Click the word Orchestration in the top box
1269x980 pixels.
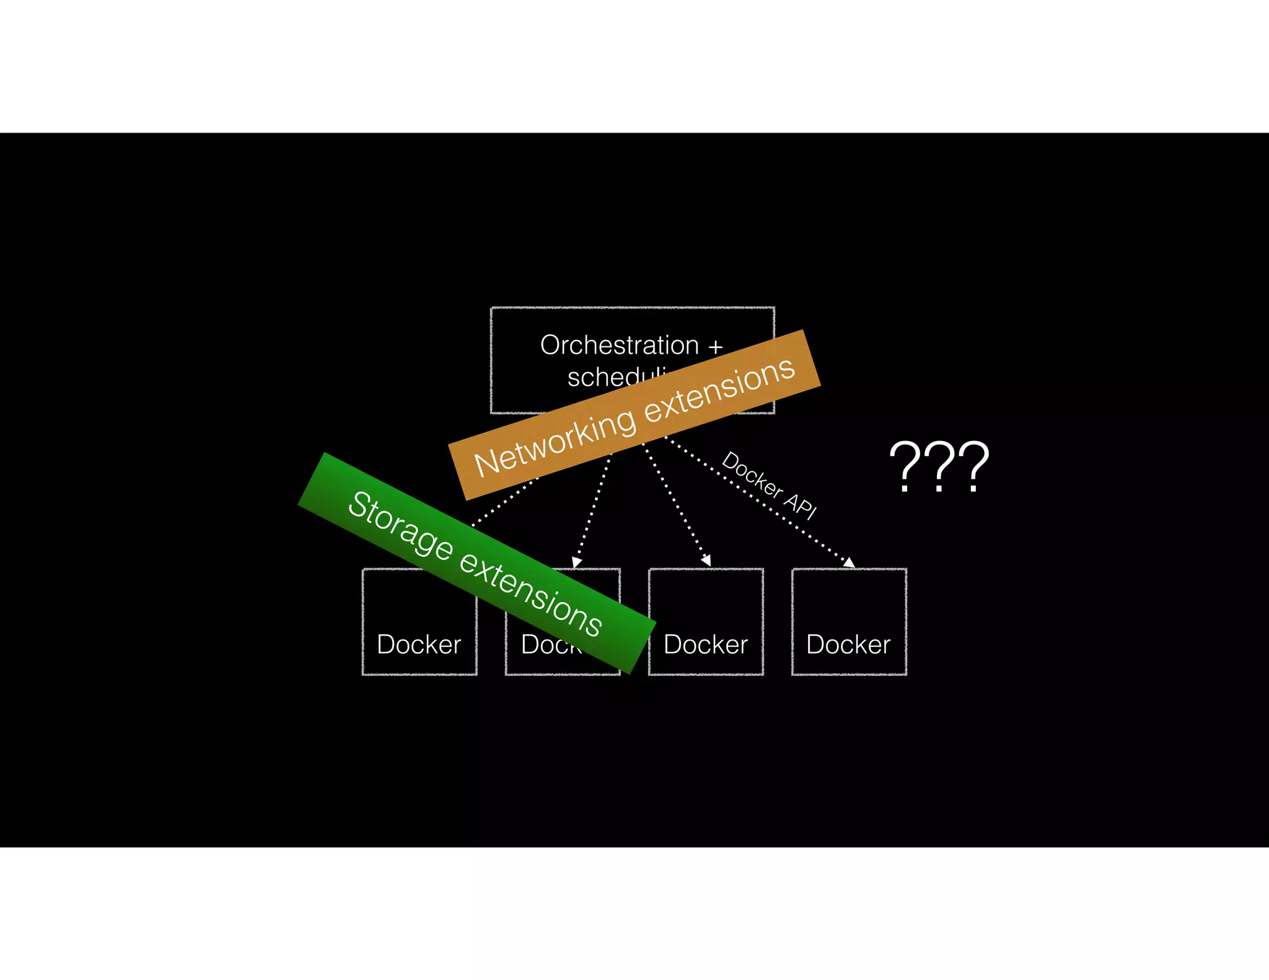pos(619,345)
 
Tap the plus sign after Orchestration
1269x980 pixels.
pos(716,347)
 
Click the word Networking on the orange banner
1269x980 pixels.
pos(555,444)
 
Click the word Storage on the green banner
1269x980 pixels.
pos(400,524)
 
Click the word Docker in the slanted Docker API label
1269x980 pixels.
pos(752,475)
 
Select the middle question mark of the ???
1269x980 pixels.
pos(939,466)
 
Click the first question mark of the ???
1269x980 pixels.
pos(905,466)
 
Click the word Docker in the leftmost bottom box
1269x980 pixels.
pos(419,645)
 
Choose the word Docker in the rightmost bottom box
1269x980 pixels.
pos(848,645)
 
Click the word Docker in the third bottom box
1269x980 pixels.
pos(706,645)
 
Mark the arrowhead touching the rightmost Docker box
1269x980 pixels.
pos(849,562)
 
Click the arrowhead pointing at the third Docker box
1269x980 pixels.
pos(706,561)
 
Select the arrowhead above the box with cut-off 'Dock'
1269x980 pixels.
pos(577,562)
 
